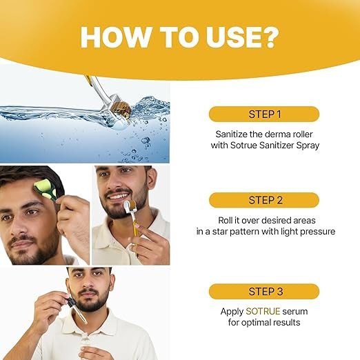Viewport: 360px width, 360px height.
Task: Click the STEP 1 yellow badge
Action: pos(264,114)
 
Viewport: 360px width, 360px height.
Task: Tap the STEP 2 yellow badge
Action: pos(264,200)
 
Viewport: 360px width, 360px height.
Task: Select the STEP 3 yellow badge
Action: pos(264,291)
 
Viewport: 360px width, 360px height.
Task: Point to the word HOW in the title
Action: pos(115,37)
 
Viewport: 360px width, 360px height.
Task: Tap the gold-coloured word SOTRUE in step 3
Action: pos(263,311)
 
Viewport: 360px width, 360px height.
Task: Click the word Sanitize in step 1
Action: pos(231,134)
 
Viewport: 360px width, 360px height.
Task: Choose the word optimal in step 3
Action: pos(255,323)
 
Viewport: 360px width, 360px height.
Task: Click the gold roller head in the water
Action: pos(121,110)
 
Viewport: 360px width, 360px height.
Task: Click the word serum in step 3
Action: pos(295,312)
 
